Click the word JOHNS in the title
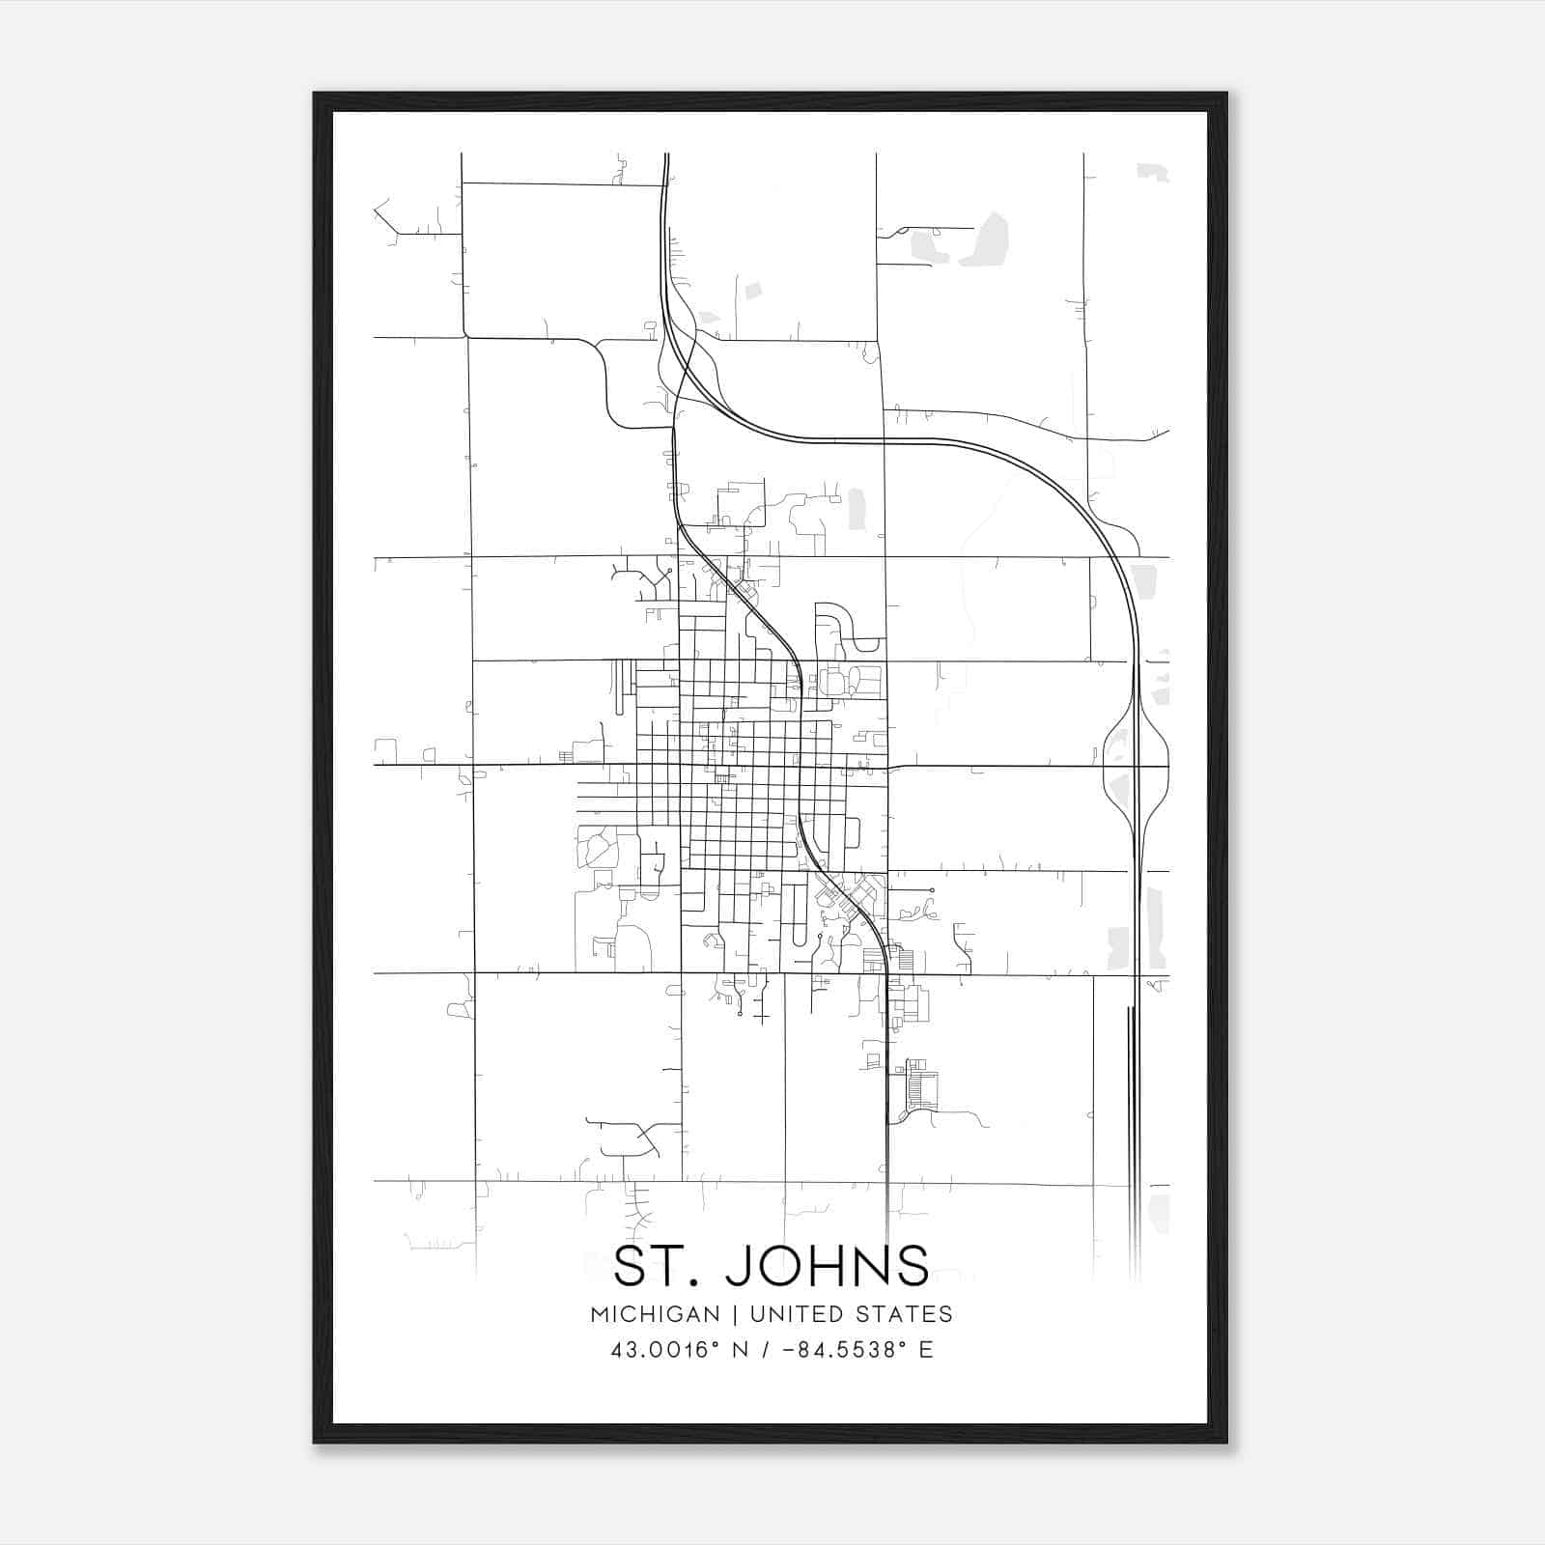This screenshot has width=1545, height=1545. pyautogui.click(x=828, y=1266)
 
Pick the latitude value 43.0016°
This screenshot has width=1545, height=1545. pyautogui.click(x=666, y=1350)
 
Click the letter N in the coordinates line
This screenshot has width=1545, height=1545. pyautogui.click(x=741, y=1350)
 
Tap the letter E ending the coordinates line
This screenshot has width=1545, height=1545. pyautogui.click(x=926, y=1350)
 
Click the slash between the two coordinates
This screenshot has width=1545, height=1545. pyautogui.click(x=764, y=1350)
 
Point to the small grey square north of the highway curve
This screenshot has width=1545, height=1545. pyautogui.click(x=753, y=290)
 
